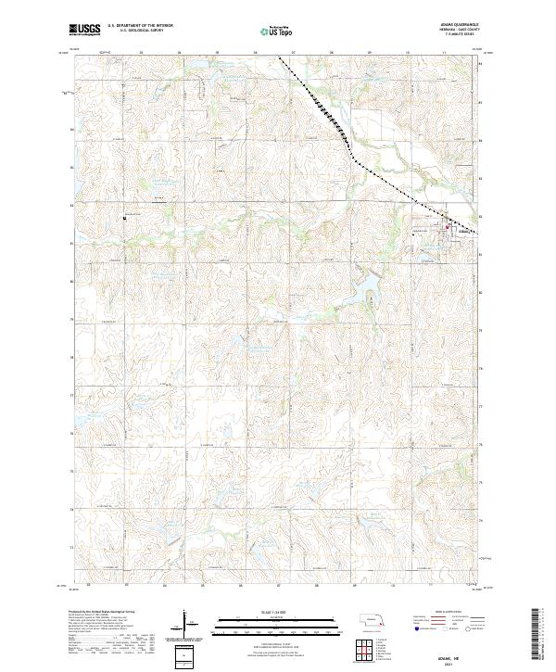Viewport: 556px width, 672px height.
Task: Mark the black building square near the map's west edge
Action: pos(124,218)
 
